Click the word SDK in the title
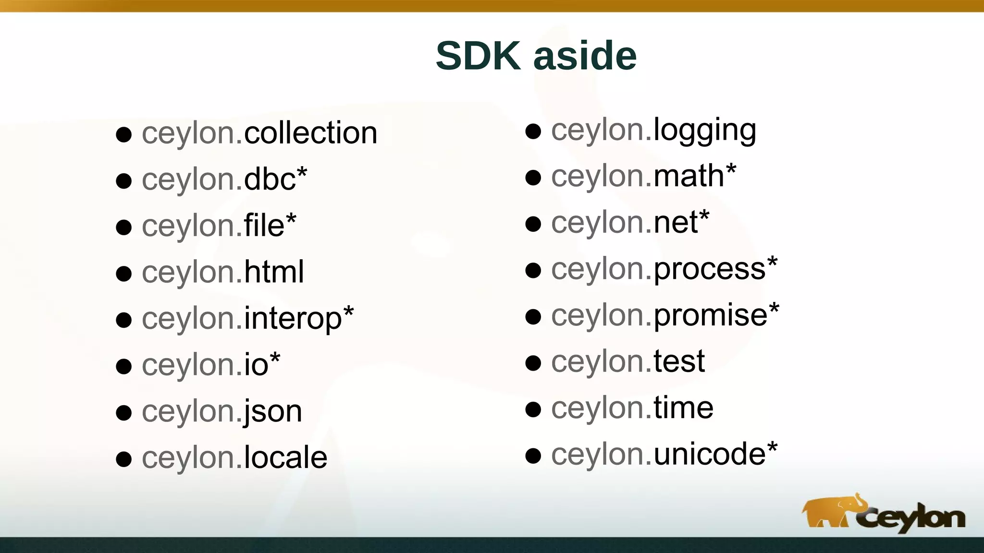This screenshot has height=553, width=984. [478, 56]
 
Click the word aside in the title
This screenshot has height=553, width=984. [585, 56]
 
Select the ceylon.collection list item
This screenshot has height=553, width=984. [259, 133]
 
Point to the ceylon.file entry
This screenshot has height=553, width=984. [219, 226]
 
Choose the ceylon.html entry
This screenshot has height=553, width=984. [223, 272]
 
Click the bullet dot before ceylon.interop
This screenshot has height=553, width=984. [124, 320]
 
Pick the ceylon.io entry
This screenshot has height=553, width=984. [211, 365]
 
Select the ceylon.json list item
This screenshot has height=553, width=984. [222, 411]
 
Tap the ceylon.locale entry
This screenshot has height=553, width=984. [234, 457]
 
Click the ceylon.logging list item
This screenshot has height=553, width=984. [653, 131]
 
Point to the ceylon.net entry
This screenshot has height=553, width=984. [630, 223]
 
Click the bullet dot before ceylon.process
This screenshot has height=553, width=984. [533, 270]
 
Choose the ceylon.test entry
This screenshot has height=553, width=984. [627, 361]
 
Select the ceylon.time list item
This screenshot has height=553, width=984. [632, 408]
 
